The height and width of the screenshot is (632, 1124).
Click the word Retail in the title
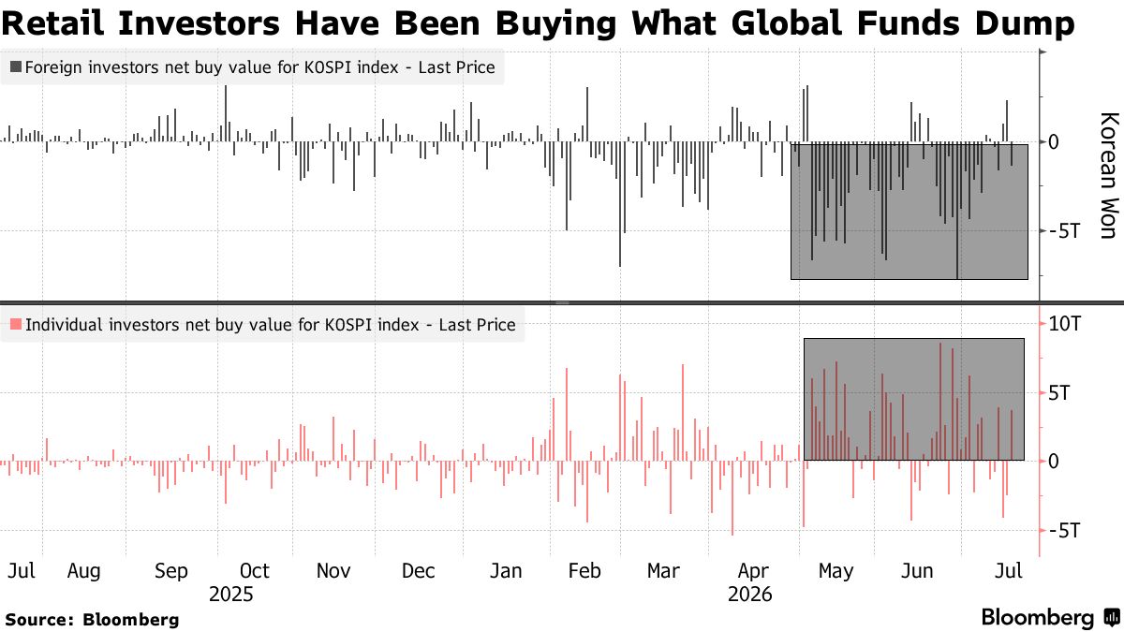[x=52, y=23]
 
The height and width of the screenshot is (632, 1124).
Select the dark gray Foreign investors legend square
[x=16, y=66]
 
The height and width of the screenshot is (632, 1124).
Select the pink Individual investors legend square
[x=16, y=324]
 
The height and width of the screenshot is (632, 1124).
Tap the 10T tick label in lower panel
[x=1065, y=324]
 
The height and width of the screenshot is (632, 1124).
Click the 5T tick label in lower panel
[x=1058, y=392]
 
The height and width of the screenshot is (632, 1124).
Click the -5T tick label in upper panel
[x=1064, y=231]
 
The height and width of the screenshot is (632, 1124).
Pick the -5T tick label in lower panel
[x=1064, y=530]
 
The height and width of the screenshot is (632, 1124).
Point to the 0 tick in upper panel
[x=1054, y=142]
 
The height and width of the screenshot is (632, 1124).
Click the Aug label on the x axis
[x=83, y=571]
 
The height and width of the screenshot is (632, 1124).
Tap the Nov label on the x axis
[x=333, y=571]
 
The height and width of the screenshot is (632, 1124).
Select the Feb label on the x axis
[x=584, y=571]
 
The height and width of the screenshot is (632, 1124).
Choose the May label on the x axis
[x=836, y=571]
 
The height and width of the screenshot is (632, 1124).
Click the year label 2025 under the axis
[x=230, y=595]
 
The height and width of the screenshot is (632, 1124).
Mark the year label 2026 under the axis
[x=749, y=595]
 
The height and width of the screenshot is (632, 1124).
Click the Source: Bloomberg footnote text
[x=92, y=620]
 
